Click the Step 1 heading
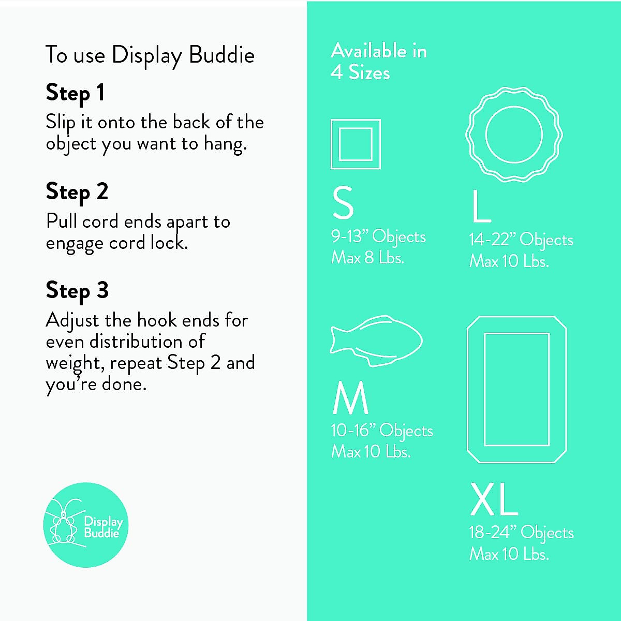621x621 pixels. pyautogui.click(x=76, y=93)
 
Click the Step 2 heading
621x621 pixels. pyautogui.click(x=77, y=192)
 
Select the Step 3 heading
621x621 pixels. pyautogui.click(x=77, y=290)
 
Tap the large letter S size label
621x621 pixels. pyautogui.click(x=343, y=203)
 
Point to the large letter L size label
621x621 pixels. pyautogui.click(x=481, y=206)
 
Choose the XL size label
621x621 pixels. pyautogui.click(x=494, y=499)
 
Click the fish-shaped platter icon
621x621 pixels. pyautogui.click(x=376, y=341)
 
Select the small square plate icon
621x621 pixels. pyautogui.click(x=356, y=144)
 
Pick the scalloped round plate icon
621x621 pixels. pyautogui.click(x=514, y=134)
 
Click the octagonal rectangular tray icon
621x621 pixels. pyautogui.click(x=516, y=389)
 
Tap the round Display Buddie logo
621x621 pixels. pyautogui.click(x=85, y=525)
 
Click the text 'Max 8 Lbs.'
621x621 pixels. pyautogui.click(x=367, y=258)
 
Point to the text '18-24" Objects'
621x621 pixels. pyautogui.click(x=521, y=533)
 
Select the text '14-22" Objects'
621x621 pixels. pyautogui.click(x=521, y=240)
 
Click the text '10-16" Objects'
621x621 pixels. pyautogui.click(x=382, y=431)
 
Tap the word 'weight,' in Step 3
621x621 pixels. pyautogui.click(x=75, y=363)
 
